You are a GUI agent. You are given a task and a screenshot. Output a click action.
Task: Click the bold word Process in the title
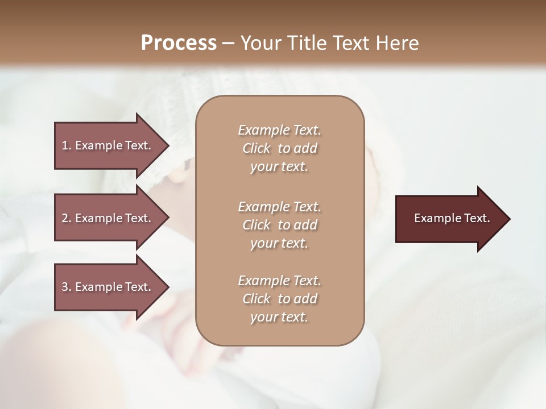click(x=179, y=43)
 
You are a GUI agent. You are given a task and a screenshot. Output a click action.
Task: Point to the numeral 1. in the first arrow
click(x=66, y=145)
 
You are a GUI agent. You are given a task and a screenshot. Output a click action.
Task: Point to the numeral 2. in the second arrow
click(x=66, y=218)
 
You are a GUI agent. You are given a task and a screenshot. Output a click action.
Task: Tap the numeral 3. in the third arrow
click(x=66, y=287)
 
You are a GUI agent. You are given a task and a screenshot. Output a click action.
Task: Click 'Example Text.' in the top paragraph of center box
click(x=279, y=130)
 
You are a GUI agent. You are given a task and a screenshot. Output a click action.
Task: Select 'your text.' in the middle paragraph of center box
click(x=279, y=243)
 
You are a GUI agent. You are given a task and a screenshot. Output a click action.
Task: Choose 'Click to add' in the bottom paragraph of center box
click(x=279, y=299)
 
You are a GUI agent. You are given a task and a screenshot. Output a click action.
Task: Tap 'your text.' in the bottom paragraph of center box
click(x=279, y=318)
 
